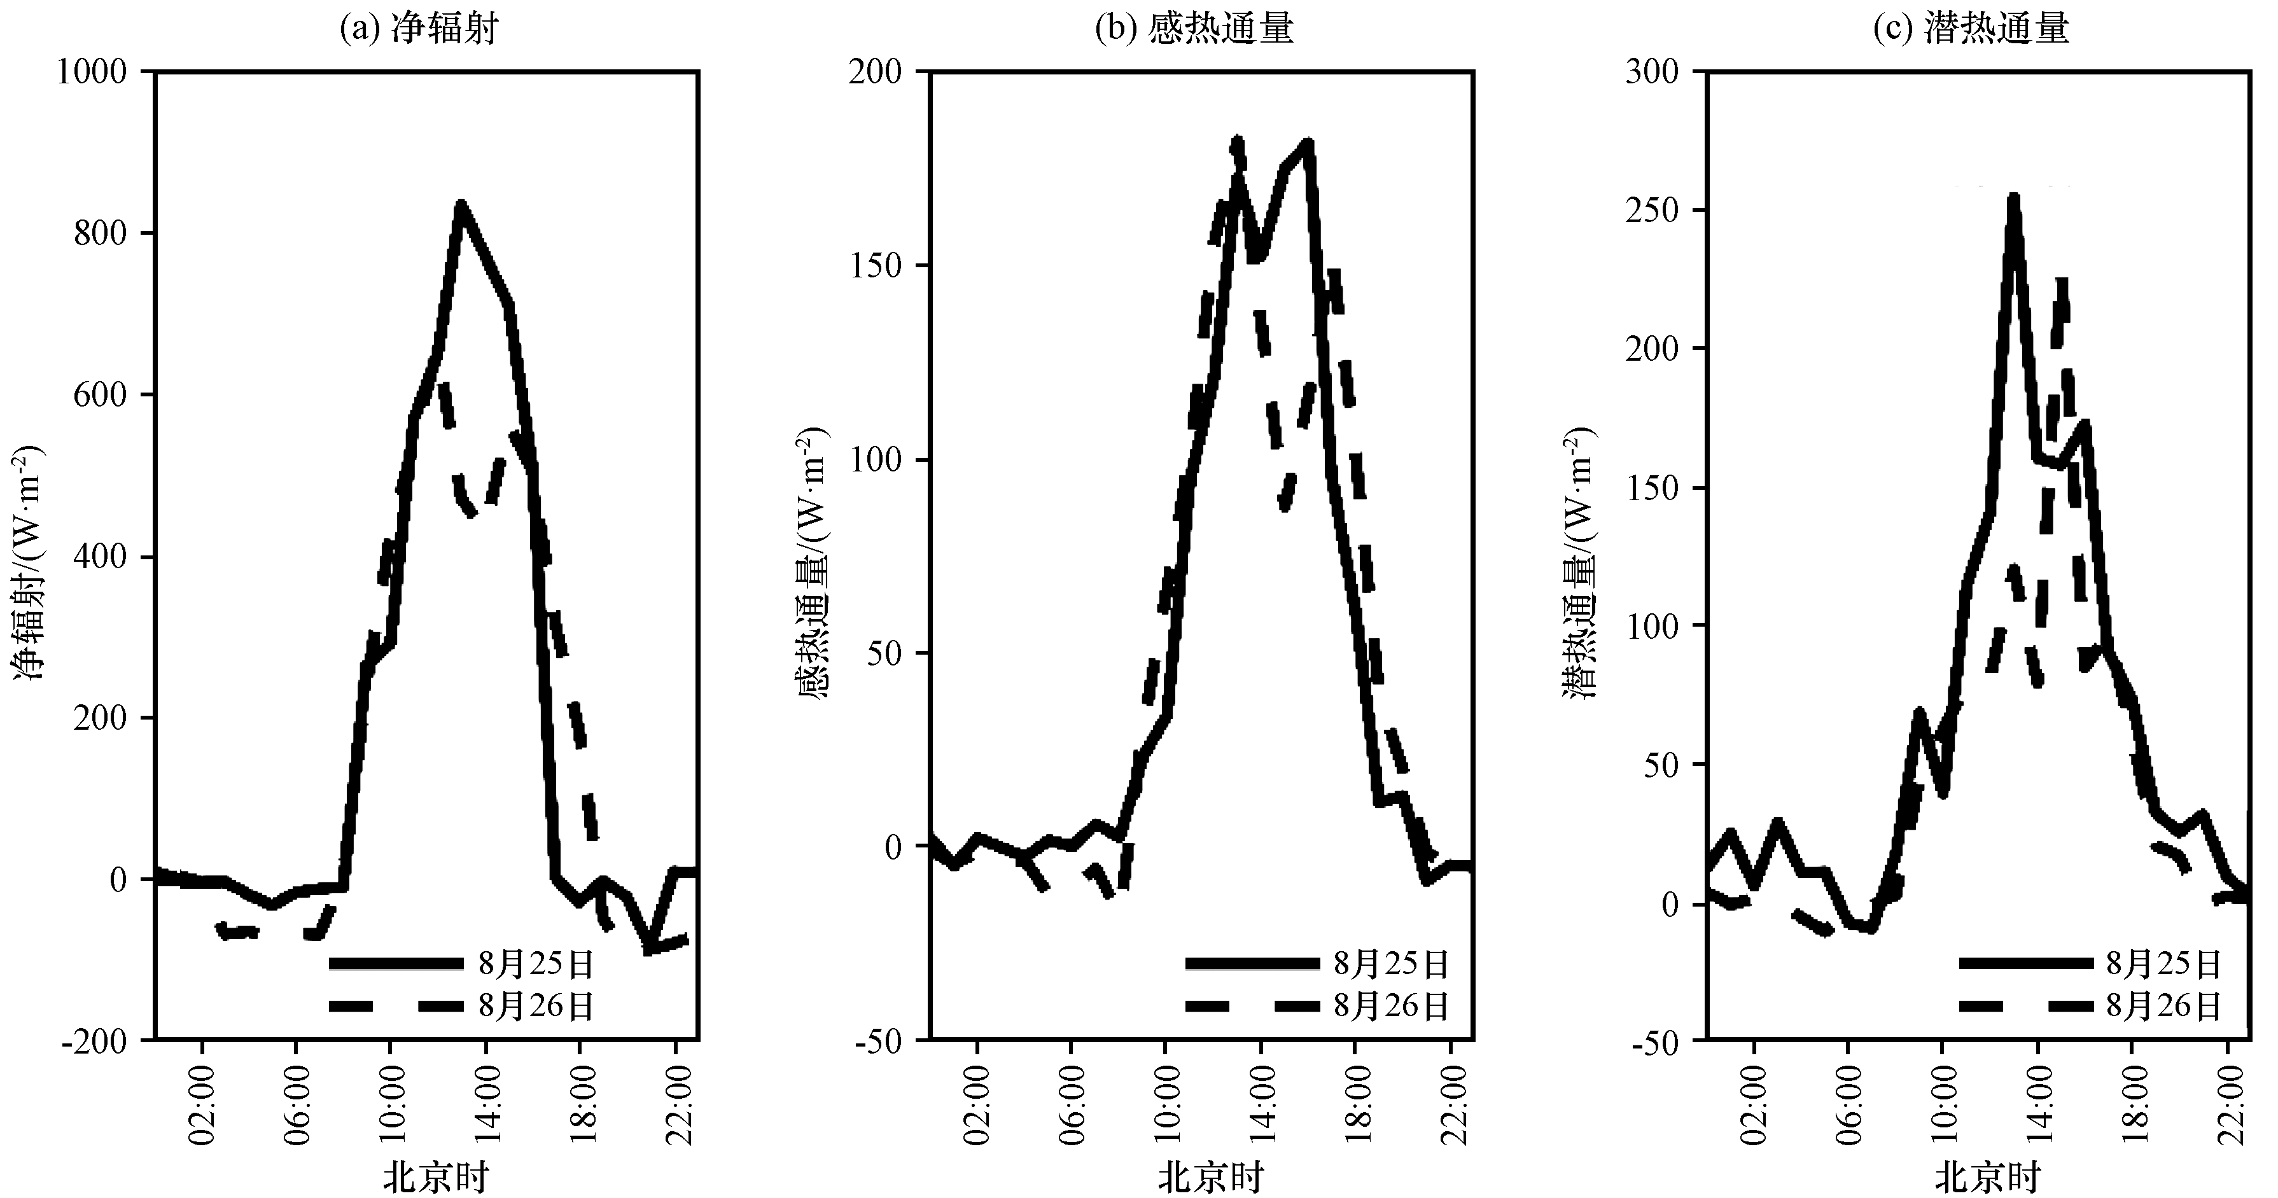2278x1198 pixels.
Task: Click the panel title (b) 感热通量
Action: [x=1194, y=28]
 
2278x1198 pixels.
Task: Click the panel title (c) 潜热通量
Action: [x=1970, y=28]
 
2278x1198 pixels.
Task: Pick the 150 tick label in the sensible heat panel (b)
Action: [x=876, y=265]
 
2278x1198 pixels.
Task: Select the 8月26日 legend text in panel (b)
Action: [x=1392, y=1006]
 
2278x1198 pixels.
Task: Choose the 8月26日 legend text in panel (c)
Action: [x=2164, y=1006]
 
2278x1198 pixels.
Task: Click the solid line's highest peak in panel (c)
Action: [x=2013, y=197]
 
